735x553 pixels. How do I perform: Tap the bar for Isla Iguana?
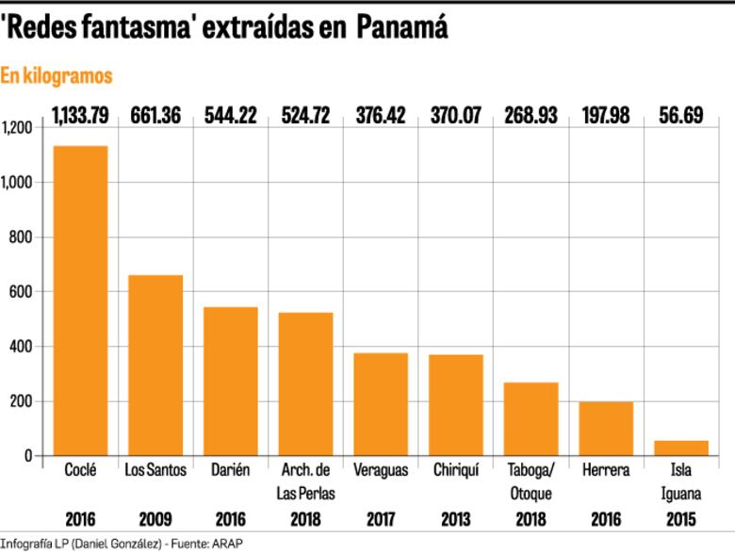tap(681, 447)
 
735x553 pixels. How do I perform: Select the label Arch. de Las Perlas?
tap(306, 481)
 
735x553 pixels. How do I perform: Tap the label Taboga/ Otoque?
tap(531, 481)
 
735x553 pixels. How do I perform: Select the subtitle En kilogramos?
tap(56, 75)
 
